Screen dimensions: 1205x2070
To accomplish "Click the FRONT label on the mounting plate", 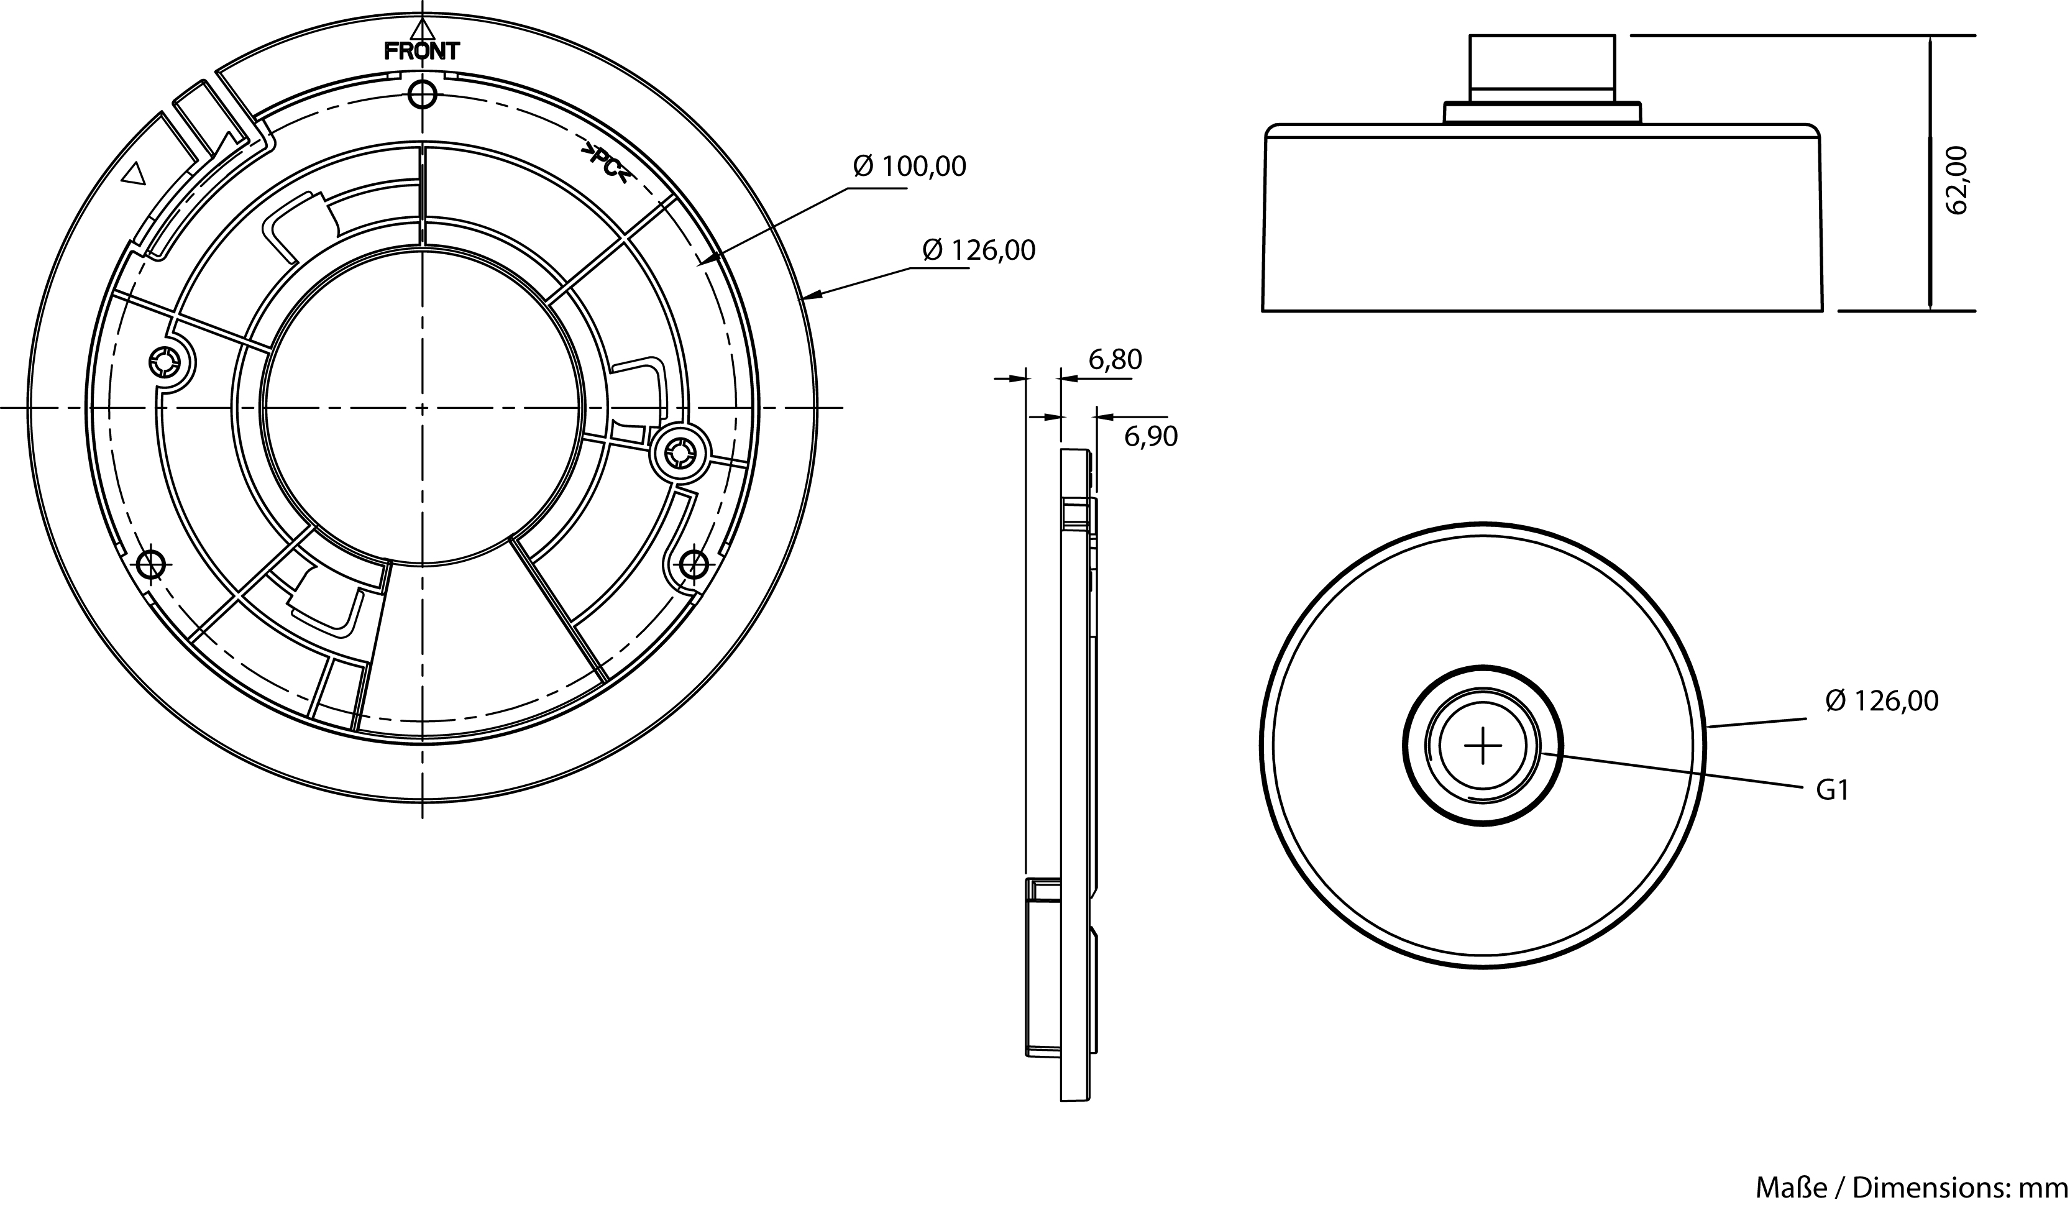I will [x=422, y=52].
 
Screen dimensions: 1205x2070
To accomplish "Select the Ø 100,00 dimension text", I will [x=909, y=167].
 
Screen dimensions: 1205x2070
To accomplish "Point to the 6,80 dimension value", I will [x=1115, y=359].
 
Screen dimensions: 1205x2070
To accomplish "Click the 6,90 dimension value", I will [x=1150, y=437].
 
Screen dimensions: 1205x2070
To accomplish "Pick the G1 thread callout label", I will [x=1832, y=790].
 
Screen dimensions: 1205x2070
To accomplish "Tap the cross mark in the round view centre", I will [x=1483, y=746].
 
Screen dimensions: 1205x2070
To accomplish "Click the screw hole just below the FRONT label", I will [x=422, y=95].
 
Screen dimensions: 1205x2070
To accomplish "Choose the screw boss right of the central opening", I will [x=679, y=451].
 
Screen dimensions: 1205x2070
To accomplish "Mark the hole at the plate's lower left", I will [x=151, y=564].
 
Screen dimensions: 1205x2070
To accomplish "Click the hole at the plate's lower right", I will [x=695, y=564].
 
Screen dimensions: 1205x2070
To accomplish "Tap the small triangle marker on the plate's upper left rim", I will [x=134, y=173].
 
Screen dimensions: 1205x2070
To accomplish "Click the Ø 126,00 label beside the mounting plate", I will [x=978, y=250].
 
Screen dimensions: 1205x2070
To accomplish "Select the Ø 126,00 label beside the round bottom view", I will [x=1881, y=700].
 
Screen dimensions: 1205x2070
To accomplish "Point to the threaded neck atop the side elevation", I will [x=1542, y=70].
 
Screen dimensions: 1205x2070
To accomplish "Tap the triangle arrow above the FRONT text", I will [x=422, y=30].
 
